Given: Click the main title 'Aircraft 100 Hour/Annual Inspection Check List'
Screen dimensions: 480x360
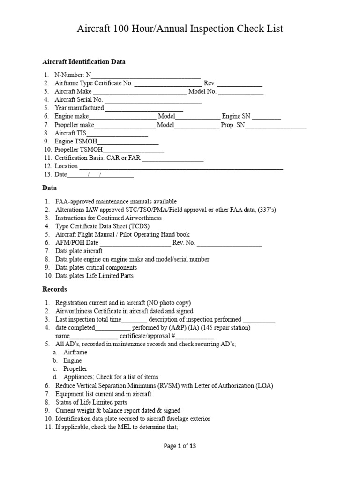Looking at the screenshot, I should (180, 29).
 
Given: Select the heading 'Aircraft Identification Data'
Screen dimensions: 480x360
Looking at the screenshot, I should (84, 62).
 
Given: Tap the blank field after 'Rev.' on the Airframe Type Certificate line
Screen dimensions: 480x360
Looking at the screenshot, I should (240, 83).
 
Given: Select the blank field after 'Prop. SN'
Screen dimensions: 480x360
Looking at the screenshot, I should (276, 125).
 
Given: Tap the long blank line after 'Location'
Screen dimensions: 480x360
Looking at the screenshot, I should (181, 166).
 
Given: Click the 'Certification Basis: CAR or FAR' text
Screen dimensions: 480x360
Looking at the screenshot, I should (97, 158).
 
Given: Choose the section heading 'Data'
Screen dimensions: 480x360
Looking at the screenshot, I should (50, 187).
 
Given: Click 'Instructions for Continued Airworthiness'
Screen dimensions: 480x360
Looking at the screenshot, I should (108, 218).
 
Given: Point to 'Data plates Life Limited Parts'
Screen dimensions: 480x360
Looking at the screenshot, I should (94, 276).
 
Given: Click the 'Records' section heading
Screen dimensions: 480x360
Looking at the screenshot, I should (55, 289).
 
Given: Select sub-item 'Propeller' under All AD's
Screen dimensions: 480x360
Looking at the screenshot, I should (75, 369).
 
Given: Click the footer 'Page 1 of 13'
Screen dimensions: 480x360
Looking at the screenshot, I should (180, 446).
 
